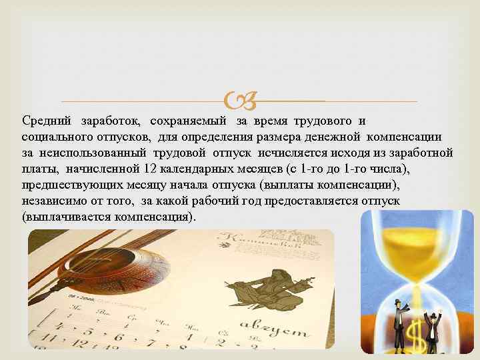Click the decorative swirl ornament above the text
pyautogui.click(x=239, y=101)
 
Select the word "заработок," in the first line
pyautogui.click(x=111, y=121)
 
